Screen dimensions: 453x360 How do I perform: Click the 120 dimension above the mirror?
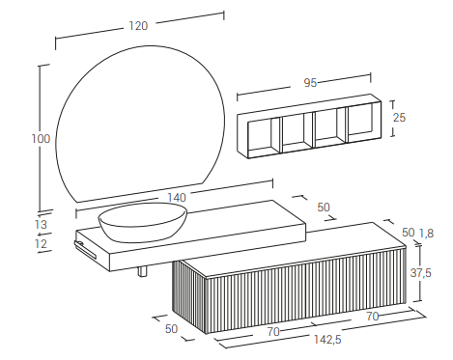[x=138, y=26]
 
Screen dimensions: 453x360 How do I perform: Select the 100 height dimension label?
[x=41, y=139]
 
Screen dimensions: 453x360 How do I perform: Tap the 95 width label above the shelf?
[x=310, y=83]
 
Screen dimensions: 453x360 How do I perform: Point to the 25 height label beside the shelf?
[x=399, y=118]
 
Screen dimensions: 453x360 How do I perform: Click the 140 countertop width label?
[x=177, y=198]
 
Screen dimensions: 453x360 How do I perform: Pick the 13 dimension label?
[x=41, y=224]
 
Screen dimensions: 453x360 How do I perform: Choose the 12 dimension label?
[x=41, y=243]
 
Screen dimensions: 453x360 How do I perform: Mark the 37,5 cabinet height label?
[x=420, y=273]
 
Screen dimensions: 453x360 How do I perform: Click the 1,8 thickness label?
[x=426, y=233]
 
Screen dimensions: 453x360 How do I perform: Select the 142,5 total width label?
[x=327, y=339]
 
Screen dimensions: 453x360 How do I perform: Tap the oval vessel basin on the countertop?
[x=143, y=222]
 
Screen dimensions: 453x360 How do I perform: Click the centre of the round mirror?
[x=140, y=124]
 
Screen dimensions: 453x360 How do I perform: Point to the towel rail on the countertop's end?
[x=85, y=249]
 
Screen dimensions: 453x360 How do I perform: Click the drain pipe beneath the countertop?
[x=143, y=271]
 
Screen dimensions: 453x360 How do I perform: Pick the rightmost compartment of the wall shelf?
[x=361, y=124]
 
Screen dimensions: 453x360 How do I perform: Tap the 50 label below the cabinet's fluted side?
[x=171, y=328]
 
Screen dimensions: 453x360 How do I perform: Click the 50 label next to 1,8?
[x=409, y=233]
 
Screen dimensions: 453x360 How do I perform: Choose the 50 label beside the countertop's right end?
[x=324, y=208]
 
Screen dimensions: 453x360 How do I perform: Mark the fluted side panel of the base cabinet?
[x=189, y=296]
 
